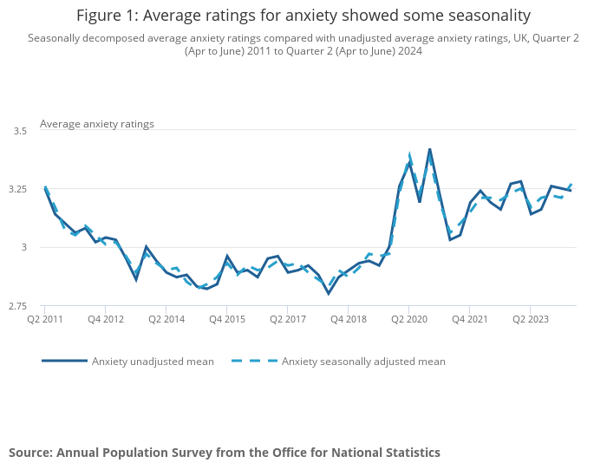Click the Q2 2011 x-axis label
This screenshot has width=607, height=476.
point(44,319)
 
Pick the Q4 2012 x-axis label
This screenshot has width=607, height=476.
point(105,319)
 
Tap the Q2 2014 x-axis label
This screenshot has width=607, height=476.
point(166,319)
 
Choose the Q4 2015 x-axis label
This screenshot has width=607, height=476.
point(226,319)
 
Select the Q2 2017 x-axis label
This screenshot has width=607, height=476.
point(287,319)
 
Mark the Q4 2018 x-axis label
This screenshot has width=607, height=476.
point(347,319)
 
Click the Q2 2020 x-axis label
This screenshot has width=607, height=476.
point(408,319)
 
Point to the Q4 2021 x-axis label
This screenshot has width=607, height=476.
point(468,319)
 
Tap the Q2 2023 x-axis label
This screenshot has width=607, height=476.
point(529,319)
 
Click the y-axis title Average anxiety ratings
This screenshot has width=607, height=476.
point(97,124)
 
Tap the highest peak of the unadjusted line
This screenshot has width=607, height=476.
point(429,149)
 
